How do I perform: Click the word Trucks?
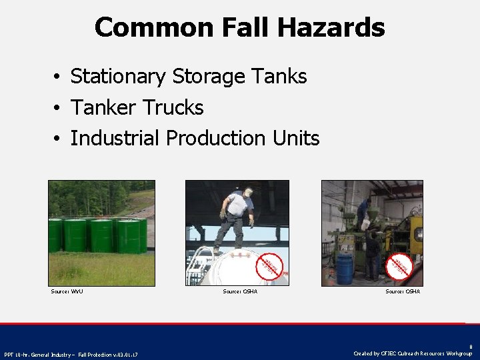pyautogui.click(x=175, y=107)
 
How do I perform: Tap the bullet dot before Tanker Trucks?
pyautogui.click(x=59, y=108)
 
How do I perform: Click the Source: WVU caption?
pyautogui.click(x=67, y=291)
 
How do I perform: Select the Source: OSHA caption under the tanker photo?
pyautogui.click(x=240, y=291)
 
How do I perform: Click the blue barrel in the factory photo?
pyautogui.click(x=344, y=268)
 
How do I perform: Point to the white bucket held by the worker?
pyautogui.click(x=365, y=225)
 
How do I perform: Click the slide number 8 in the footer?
pyautogui.click(x=470, y=347)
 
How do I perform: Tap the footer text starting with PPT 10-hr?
pyautogui.click(x=71, y=354)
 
